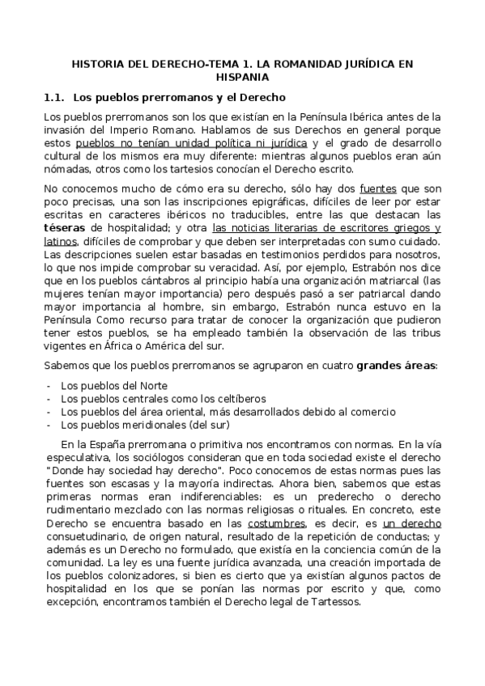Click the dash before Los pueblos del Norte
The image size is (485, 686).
pyautogui.click(x=50, y=386)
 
